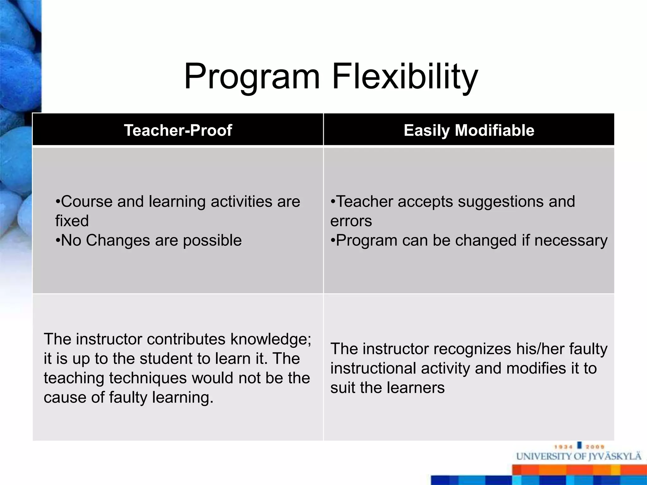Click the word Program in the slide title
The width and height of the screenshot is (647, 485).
coord(252,77)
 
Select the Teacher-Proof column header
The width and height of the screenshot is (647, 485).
coord(178,130)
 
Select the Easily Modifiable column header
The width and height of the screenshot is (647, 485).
coord(469,130)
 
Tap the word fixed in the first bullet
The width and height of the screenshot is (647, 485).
coord(72,221)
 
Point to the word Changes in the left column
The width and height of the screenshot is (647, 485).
coord(118,240)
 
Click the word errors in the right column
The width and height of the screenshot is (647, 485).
coord(351,221)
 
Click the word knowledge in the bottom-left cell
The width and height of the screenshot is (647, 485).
coord(270,339)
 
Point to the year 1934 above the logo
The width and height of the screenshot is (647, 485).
coord(563,447)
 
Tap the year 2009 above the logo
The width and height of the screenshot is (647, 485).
coord(595,447)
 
